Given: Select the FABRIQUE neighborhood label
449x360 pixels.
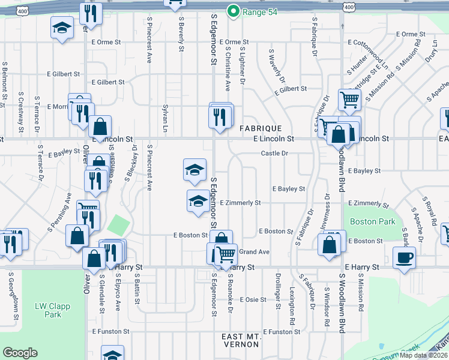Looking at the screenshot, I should pyautogui.click(x=261, y=128).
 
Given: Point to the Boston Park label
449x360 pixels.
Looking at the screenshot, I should pyautogui.click(x=373, y=221).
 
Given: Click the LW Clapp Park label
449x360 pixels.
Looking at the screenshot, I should pyautogui.click(x=53, y=310).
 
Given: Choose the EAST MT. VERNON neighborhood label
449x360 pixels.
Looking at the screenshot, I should pyautogui.click(x=240, y=340).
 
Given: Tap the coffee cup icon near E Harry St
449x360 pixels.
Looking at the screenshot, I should pyautogui.click(x=404, y=259).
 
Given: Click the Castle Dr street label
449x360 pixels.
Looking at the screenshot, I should pyautogui.click(x=275, y=154).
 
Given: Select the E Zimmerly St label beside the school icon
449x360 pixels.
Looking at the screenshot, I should pyautogui.click(x=240, y=203).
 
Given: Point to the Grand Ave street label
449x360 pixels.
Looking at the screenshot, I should pyautogui.click(x=255, y=251).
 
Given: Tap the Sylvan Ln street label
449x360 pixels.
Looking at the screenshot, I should pyautogui.click(x=164, y=117).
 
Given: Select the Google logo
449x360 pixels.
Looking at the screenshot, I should pyautogui.click(x=20, y=353).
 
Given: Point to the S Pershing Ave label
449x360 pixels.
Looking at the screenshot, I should pyautogui.click(x=59, y=211).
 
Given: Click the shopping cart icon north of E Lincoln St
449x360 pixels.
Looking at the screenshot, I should pyautogui.click(x=349, y=100).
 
